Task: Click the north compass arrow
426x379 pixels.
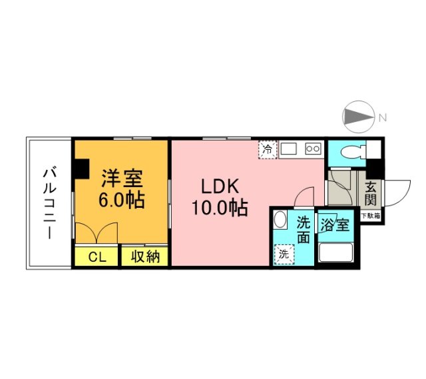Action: [x=359, y=118]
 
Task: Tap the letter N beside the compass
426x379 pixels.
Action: [x=383, y=118]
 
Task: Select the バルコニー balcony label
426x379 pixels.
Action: [x=49, y=202]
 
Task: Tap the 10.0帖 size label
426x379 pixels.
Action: [x=220, y=208]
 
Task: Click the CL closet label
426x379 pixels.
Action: [x=97, y=256]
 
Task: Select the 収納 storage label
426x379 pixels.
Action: [x=144, y=256]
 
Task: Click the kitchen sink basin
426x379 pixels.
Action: [x=290, y=149]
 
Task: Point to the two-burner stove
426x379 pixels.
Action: [x=313, y=149]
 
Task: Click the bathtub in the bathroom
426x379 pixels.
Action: [x=336, y=252]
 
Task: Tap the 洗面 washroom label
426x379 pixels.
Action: [x=304, y=228]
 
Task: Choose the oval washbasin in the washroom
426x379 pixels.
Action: [x=281, y=221]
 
